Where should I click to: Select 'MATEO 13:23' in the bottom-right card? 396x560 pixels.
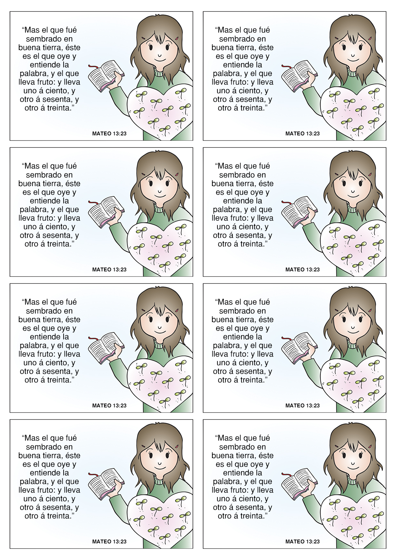[x=302, y=541]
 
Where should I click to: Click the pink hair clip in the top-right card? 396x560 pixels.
[x=370, y=38]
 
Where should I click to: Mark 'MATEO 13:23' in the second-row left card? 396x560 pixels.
[x=109, y=269]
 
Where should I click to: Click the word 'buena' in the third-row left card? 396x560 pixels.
[x=29, y=320]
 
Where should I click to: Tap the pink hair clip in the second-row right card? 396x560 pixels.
[x=370, y=174]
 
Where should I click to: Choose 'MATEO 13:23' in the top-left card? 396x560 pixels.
[x=109, y=133]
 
